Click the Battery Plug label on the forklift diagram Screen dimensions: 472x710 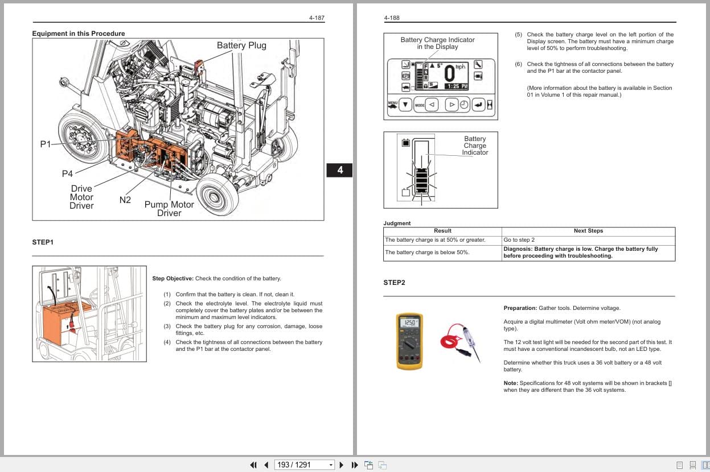tap(241, 45)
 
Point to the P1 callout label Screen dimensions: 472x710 tap(45, 144)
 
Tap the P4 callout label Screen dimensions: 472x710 tap(67, 174)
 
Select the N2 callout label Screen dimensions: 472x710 tap(125, 200)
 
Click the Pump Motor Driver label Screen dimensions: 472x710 tap(169, 209)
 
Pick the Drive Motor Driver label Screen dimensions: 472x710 tap(81, 197)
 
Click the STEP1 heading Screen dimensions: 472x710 tap(43, 243)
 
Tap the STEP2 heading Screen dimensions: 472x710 tap(395, 283)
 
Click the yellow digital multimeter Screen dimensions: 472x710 tap(409, 341)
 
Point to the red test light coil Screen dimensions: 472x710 tap(453, 340)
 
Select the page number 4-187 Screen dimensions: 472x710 tap(317, 18)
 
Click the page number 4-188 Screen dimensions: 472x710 tap(392, 18)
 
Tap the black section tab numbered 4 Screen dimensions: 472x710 tap(340, 170)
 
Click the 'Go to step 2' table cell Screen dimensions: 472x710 tap(519, 240)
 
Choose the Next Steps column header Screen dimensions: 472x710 tap(588, 231)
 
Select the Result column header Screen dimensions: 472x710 tap(442, 231)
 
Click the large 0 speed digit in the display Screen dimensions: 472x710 tap(449, 73)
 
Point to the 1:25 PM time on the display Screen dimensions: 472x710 tap(456, 86)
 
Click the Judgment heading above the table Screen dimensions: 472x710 tap(397, 223)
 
